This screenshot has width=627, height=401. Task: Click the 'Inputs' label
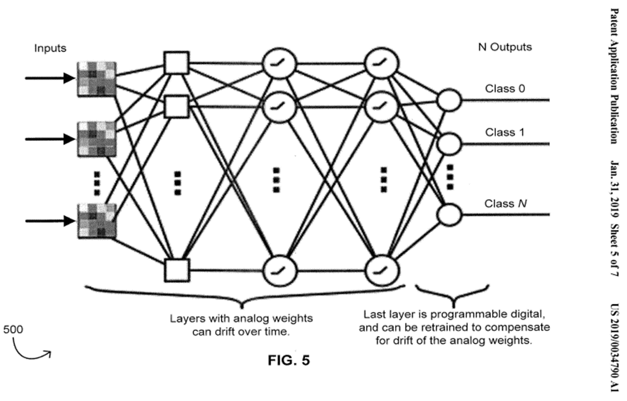pos(50,48)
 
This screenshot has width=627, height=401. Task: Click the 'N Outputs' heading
pos(504,47)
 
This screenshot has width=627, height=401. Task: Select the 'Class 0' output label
pos(505,89)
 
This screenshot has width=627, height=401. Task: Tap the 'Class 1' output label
pos(505,132)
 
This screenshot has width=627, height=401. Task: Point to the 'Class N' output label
pos(504,203)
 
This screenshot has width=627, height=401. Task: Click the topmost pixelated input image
pos(97,79)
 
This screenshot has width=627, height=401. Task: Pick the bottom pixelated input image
pos(97,220)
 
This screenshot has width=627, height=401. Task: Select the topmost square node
pos(176,63)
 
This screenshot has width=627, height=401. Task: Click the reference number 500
pos(13,329)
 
